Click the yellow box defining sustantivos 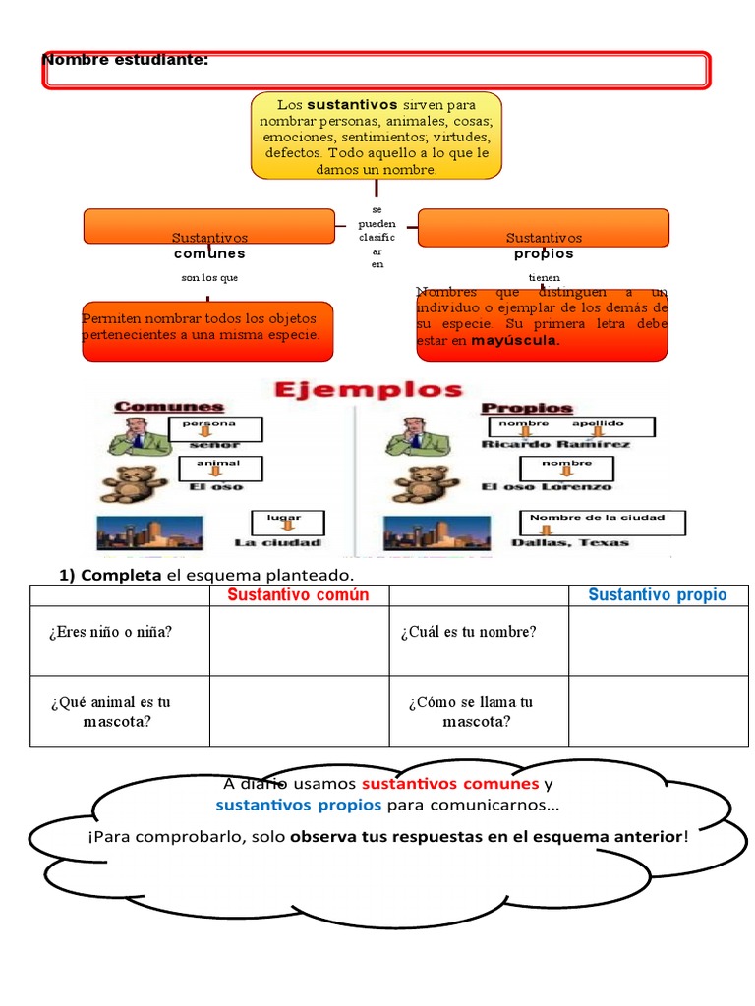click(x=377, y=136)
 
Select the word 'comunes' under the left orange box click(x=209, y=254)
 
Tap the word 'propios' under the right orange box click(x=544, y=254)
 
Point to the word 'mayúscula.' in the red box click(x=516, y=341)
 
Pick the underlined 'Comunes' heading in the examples click(x=169, y=407)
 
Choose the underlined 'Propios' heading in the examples click(x=527, y=407)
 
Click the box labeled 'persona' click(x=216, y=428)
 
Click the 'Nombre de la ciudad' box click(x=602, y=522)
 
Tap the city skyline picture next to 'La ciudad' click(x=149, y=532)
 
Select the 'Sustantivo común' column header click(x=299, y=595)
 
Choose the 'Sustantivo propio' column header click(x=658, y=595)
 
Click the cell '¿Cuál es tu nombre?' click(x=469, y=632)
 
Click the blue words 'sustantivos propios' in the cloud click(x=299, y=806)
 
